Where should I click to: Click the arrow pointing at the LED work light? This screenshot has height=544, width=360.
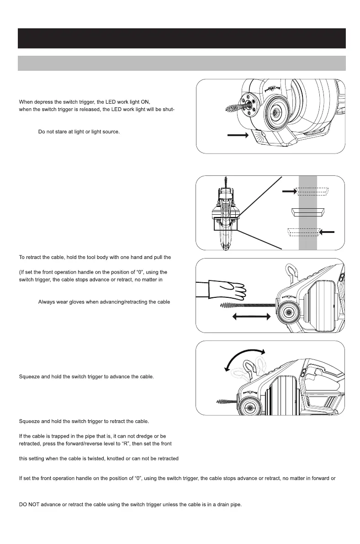pos(238,136)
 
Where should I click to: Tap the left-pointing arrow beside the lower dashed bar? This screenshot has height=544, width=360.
pos(327,232)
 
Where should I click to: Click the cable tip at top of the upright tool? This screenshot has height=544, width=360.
pos(224,182)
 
